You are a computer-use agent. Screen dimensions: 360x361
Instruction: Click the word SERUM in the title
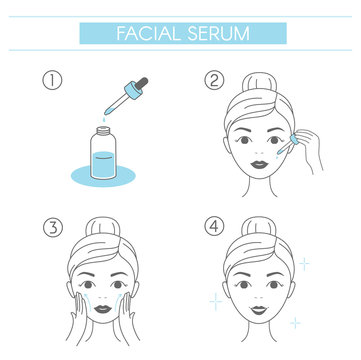[x=218, y=33]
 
